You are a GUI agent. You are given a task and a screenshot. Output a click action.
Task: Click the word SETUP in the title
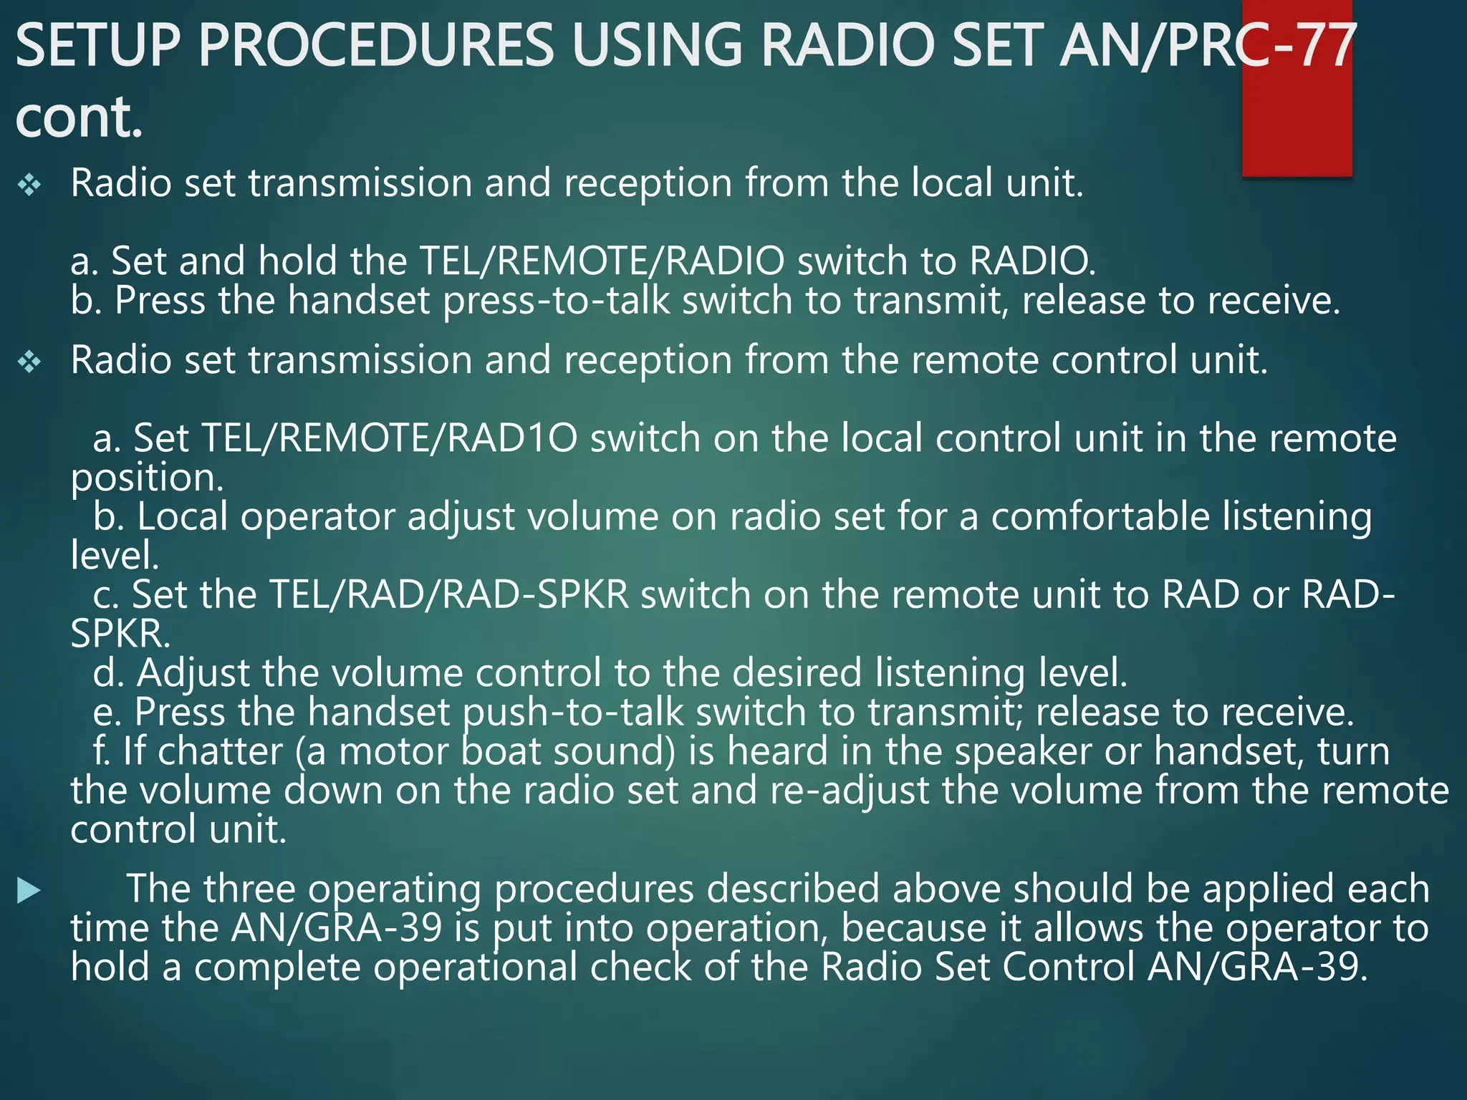point(97,44)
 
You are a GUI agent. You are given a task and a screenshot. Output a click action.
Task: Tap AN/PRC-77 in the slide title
point(1208,44)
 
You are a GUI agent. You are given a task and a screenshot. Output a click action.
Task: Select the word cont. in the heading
point(79,117)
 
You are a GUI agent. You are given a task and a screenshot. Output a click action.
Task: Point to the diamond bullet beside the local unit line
point(30,185)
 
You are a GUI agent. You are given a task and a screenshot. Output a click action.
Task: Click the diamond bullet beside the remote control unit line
point(30,362)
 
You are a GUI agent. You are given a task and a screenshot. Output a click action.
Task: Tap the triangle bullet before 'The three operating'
point(29,891)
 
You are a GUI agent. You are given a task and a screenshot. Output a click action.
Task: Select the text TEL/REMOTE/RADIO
point(602,261)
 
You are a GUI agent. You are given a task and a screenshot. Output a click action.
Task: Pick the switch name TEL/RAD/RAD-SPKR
point(449,594)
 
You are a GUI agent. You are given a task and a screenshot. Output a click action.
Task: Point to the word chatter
point(220,752)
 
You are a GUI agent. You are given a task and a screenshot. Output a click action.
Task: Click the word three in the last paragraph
point(249,889)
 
